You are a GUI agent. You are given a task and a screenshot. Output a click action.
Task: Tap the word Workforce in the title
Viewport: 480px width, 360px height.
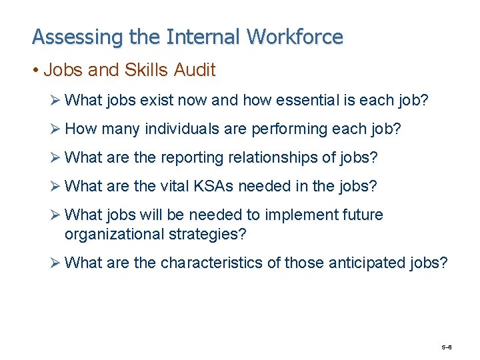[295, 37]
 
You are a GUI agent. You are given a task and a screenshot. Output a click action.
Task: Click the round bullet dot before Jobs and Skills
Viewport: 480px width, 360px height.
[36, 69]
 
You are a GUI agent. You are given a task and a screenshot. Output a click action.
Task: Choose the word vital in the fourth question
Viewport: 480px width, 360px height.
[175, 186]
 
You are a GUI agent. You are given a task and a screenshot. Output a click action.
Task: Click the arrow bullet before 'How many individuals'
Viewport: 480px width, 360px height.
[57, 129]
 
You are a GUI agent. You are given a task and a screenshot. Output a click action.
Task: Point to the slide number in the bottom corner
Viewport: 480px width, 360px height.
[447, 348]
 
